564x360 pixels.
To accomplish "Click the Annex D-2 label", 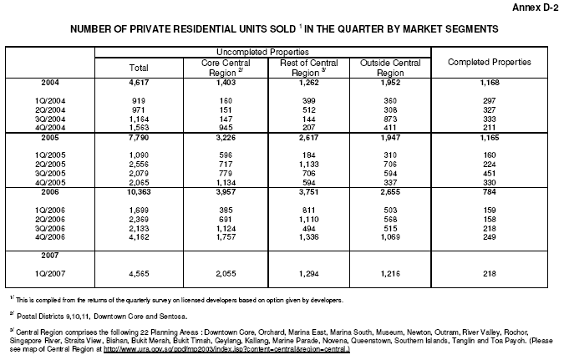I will (x=532, y=8).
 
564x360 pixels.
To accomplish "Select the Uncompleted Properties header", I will (x=262, y=52).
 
